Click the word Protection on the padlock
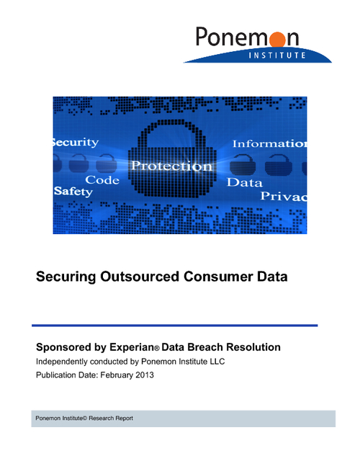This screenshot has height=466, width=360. click(171, 166)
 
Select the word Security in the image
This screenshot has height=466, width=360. click(76, 143)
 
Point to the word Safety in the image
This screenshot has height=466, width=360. click(73, 192)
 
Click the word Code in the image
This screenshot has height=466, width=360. click(102, 179)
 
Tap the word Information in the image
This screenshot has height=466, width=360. click(269, 143)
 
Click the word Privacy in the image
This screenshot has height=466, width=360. click(283, 196)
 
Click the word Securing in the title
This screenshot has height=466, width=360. click(67, 277)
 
